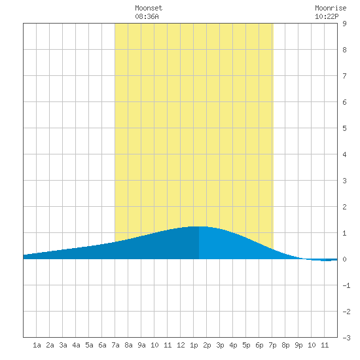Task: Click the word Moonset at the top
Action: pyautogui.click(x=149, y=8)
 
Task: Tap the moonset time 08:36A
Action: pyautogui.click(x=147, y=16)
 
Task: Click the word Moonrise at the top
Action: pyautogui.click(x=331, y=8)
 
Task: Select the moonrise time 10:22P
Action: pyautogui.click(x=327, y=16)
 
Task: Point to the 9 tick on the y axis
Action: pyautogui.click(x=344, y=24)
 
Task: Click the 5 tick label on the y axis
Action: pyautogui.click(x=344, y=128)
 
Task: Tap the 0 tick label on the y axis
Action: pyautogui.click(x=344, y=259)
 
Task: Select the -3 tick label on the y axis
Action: pyautogui.click(x=346, y=338)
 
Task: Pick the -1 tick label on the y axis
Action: pyautogui.click(x=346, y=285)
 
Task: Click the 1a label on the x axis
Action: pyautogui.click(x=37, y=345)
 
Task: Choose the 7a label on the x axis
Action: pyautogui.click(x=115, y=345)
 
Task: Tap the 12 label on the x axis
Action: pyautogui.click(x=181, y=345)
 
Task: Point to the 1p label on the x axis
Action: pyautogui.click(x=194, y=345)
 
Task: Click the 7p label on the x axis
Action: pyautogui.click(x=272, y=345)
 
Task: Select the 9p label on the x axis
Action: pyautogui.click(x=298, y=345)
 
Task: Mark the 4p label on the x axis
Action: pyautogui.click(x=233, y=345)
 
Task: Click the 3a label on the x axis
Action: pyautogui.click(x=63, y=345)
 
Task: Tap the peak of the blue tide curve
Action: pyautogui.click(x=199, y=226)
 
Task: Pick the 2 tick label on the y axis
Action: pyautogui.click(x=344, y=207)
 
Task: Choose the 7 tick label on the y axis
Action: pyautogui.click(x=344, y=76)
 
